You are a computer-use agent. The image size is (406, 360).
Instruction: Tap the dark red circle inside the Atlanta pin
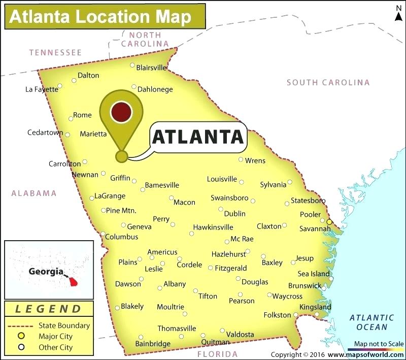121,111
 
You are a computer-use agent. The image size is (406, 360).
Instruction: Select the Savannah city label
314,229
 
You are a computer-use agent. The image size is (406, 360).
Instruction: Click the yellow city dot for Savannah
329,222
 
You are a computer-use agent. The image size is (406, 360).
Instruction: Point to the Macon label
184,202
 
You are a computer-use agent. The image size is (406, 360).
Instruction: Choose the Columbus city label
121,237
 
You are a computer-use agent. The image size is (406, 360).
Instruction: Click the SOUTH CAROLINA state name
328,82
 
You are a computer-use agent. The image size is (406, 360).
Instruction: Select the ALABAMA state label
35,193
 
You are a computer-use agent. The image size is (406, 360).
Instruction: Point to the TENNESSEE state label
55,52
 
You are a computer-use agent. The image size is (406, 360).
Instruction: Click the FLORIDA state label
217,354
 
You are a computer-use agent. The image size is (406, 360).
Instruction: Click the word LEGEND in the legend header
48,309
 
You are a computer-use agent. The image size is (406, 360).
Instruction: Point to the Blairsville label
151,67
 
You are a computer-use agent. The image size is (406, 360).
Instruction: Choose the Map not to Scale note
375,344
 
